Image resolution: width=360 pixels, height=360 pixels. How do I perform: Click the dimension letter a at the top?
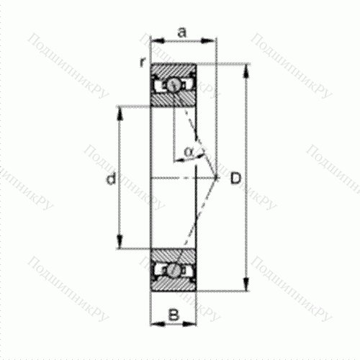tap(182, 32)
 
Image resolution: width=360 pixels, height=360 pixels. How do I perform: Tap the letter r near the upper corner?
tap(143, 62)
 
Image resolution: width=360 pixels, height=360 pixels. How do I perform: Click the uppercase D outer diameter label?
tap(235, 178)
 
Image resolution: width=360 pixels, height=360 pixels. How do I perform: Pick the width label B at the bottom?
tap(173, 314)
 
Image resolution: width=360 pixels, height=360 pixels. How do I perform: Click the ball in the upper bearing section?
tap(174, 85)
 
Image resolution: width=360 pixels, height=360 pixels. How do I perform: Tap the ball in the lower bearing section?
tap(174, 271)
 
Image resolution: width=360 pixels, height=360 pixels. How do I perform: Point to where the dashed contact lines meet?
tap(217, 176)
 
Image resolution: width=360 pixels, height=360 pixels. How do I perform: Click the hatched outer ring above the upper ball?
tap(174, 71)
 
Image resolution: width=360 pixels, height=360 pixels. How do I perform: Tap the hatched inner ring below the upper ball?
tap(174, 99)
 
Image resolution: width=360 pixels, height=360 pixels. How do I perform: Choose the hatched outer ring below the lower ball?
tap(174, 285)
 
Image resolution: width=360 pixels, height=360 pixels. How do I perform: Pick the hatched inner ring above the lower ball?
tap(174, 256)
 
